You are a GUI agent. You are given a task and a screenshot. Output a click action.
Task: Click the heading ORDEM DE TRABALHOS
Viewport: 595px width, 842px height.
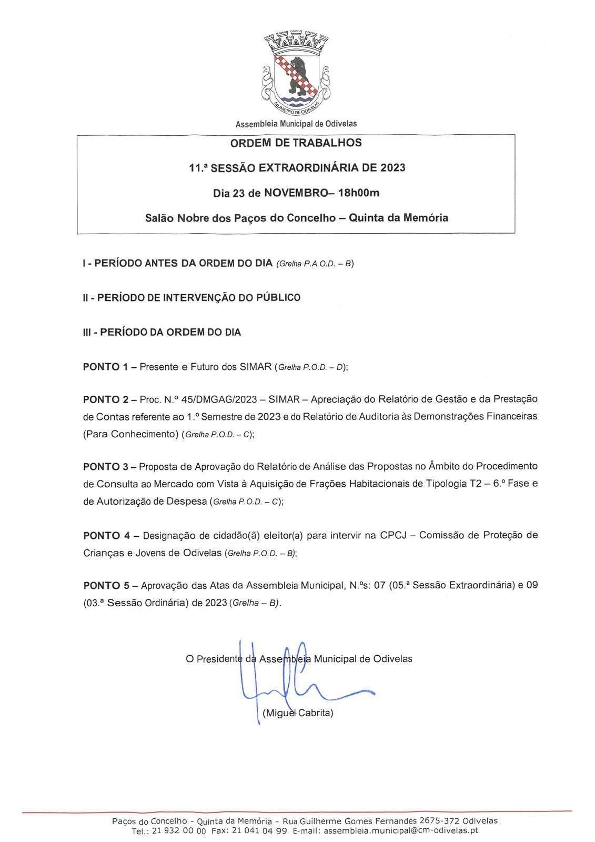[x=296, y=143]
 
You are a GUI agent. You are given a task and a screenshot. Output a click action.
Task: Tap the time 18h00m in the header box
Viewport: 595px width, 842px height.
[x=359, y=193]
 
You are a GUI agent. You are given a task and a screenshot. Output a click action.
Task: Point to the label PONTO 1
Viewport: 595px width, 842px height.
[x=106, y=367]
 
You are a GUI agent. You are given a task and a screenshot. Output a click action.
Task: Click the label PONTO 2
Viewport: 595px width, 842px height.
[x=106, y=399]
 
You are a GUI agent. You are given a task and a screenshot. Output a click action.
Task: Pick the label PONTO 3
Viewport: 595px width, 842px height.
[x=106, y=466]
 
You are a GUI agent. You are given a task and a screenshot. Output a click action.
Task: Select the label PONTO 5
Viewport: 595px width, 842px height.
[x=106, y=585]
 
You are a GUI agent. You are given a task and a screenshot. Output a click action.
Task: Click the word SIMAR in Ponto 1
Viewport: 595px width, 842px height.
[x=256, y=367]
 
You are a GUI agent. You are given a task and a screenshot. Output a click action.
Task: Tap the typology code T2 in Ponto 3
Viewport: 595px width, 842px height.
[x=476, y=484]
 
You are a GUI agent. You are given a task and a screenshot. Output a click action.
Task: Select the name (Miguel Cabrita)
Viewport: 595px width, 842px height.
[x=298, y=713]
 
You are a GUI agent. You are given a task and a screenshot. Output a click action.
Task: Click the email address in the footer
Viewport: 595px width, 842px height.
[x=401, y=831]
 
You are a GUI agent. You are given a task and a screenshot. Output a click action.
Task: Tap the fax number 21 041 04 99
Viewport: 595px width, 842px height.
[x=259, y=831]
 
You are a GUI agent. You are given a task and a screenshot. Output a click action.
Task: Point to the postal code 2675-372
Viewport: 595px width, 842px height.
[x=438, y=821]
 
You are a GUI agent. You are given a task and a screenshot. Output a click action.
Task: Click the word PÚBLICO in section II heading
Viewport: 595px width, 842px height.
[x=278, y=298]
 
